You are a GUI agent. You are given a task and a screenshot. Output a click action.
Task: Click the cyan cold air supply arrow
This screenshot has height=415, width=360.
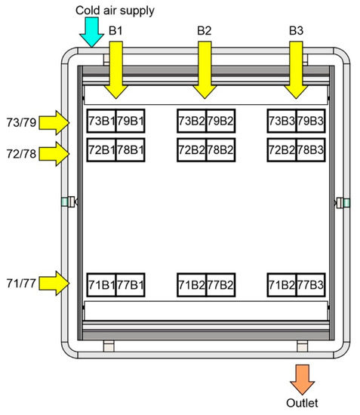[x=91, y=32]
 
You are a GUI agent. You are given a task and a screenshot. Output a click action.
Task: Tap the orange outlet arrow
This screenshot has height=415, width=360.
[x=303, y=380]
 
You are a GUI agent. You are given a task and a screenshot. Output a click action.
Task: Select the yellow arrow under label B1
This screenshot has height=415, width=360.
[x=116, y=70]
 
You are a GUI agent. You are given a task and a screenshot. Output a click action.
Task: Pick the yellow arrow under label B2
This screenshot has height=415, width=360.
[x=205, y=70]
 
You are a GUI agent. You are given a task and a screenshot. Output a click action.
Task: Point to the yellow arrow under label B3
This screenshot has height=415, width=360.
[x=296, y=70]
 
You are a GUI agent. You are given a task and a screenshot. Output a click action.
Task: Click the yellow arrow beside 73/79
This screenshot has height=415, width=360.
[x=54, y=123]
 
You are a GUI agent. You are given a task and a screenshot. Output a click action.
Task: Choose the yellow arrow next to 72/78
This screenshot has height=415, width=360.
[x=54, y=154]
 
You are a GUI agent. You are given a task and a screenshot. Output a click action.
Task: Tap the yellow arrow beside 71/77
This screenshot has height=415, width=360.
[x=54, y=283]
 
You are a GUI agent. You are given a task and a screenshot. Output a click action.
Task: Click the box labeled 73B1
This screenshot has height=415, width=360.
[x=101, y=121]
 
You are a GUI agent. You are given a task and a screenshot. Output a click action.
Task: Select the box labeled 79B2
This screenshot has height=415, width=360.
[x=220, y=121]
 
